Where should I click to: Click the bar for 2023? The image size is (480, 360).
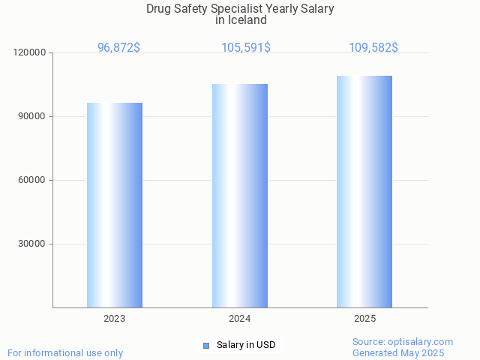[115, 205]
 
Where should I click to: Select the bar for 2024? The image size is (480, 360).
[240, 195]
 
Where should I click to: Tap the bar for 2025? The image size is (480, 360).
[364, 191]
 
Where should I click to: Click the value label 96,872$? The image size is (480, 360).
[118, 48]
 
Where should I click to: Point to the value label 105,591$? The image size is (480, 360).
[246, 48]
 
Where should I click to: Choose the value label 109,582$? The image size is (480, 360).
[373, 48]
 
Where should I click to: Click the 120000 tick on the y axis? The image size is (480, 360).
[31, 53]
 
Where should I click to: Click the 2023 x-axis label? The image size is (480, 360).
[115, 319]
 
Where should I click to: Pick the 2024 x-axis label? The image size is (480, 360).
[240, 319]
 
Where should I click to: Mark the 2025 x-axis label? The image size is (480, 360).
[364, 319]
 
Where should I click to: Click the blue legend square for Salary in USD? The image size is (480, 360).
[206, 345]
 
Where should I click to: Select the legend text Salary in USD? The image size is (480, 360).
[246, 345]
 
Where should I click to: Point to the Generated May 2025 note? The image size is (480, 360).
[398, 353]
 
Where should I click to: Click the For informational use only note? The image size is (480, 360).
[65, 353]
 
